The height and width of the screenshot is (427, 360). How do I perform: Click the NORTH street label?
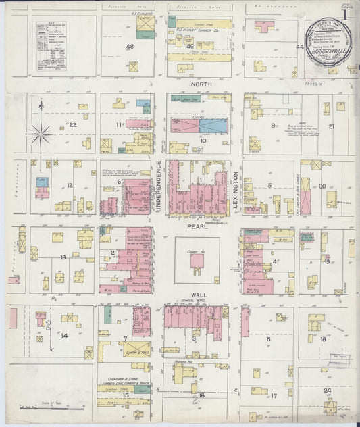coord(201,84)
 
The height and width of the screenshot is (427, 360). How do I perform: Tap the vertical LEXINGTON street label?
coord(237,187)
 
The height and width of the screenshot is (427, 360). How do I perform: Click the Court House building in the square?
coord(197,261)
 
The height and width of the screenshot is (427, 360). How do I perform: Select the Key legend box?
coord(51,45)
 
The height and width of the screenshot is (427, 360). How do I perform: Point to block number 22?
coord(72,124)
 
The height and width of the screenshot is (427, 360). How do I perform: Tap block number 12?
coord(69,185)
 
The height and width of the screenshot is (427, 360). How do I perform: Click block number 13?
coord(62,257)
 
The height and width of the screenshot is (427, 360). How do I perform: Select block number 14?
coord(64,334)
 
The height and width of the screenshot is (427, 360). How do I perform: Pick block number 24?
coord(327,391)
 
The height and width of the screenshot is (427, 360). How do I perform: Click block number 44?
coord(299,47)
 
